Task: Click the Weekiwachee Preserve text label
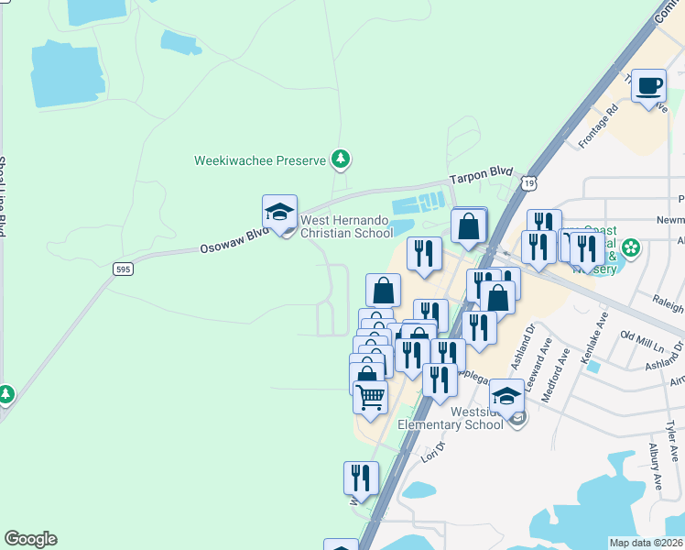tap(260, 160)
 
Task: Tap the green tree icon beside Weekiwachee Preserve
tap(341, 160)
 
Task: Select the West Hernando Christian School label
tap(347, 226)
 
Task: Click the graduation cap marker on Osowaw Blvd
tap(280, 213)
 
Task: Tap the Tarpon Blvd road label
tap(476, 179)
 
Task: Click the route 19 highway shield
tap(529, 183)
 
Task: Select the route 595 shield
tap(123, 269)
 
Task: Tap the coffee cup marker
tap(648, 87)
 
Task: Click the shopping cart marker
tap(370, 398)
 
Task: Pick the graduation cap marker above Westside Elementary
tap(506, 396)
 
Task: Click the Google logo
tap(30, 539)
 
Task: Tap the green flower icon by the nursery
tap(631, 247)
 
